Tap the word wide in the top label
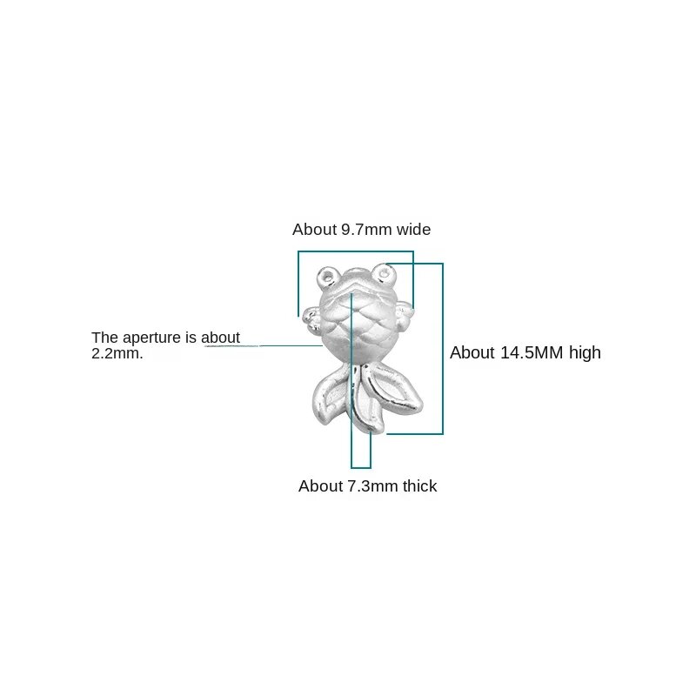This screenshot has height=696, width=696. (x=414, y=230)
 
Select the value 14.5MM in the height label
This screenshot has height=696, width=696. (x=532, y=352)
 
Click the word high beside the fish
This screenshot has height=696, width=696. (x=585, y=353)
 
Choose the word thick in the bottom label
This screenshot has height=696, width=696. (x=420, y=485)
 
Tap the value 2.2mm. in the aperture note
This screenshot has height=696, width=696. (x=117, y=353)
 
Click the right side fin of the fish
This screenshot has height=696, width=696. (x=404, y=313)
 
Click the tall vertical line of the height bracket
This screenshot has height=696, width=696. (x=443, y=349)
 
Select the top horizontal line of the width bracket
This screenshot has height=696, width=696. (x=356, y=251)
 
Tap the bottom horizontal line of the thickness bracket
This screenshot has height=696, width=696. (x=361, y=467)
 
